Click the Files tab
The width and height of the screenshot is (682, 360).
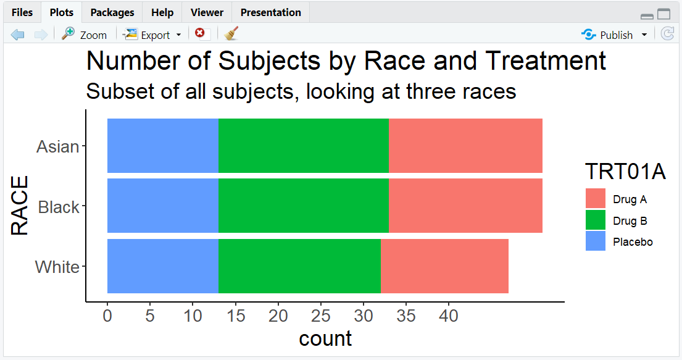click(x=22, y=12)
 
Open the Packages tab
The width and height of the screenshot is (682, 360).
click(x=112, y=12)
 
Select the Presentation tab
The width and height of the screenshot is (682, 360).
click(x=270, y=12)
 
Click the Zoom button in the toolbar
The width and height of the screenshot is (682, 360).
click(x=85, y=35)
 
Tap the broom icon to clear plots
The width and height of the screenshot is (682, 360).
click(x=231, y=34)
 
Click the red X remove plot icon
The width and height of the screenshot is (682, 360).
click(x=199, y=33)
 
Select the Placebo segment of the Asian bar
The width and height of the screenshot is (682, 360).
click(x=162, y=146)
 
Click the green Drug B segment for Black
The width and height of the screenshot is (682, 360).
click(x=303, y=206)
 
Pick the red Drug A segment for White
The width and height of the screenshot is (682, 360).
click(x=444, y=266)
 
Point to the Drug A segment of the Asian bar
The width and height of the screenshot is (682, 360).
click(x=465, y=146)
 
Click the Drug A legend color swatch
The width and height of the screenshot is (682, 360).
click(x=596, y=199)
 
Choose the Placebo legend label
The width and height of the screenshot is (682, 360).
click(x=633, y=242)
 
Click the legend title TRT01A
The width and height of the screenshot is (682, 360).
click(x=625, y=172)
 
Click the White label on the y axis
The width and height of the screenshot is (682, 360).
click(x=57, y=267)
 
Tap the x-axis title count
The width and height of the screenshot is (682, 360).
click(x=325, y=338)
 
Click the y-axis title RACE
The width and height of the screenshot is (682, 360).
click(x=20, y=206)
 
